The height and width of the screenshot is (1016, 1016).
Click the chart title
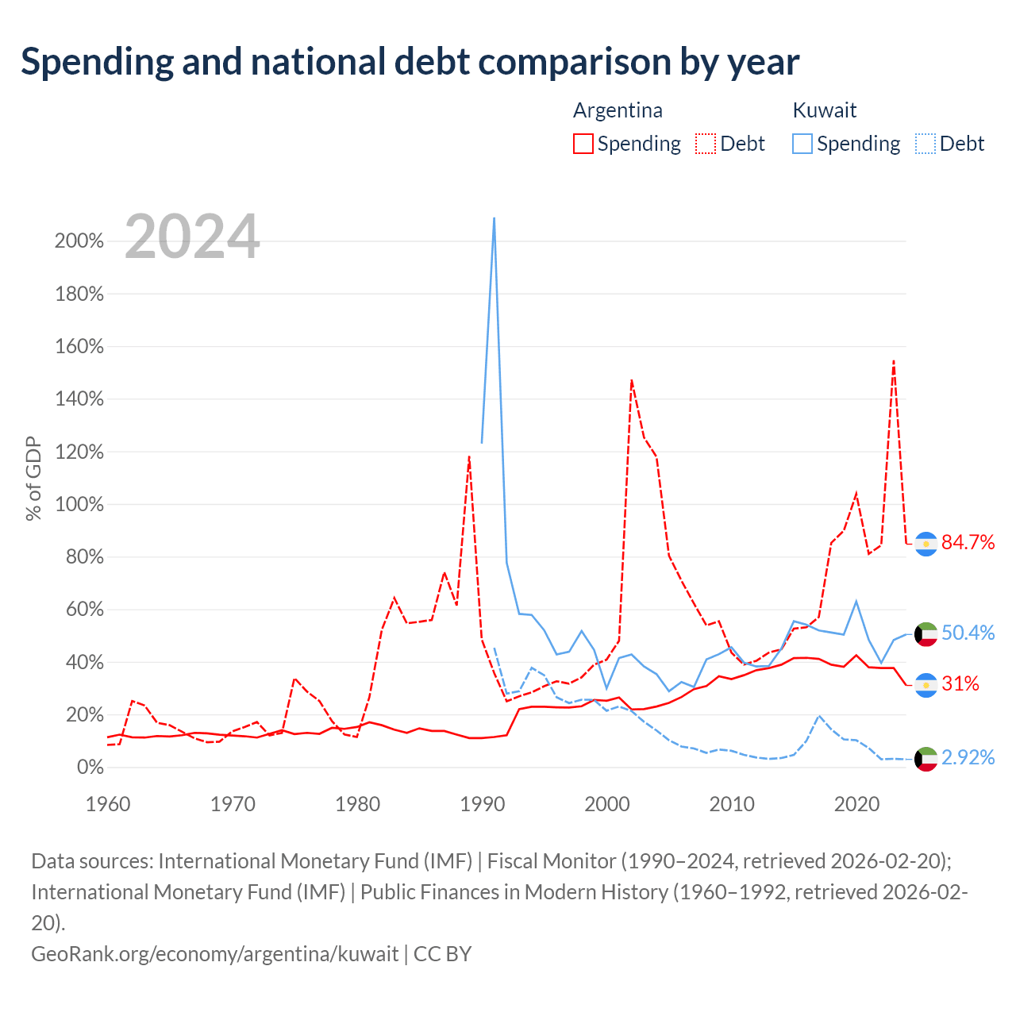[x=410, y=62]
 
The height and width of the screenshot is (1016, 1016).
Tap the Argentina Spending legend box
[x=583, y=144]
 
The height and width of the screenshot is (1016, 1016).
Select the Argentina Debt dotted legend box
[x=705, y=144]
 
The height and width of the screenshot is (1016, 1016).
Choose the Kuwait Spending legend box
[x=802, y=144]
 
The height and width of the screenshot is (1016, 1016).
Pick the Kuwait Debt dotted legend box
[x=924, y=144]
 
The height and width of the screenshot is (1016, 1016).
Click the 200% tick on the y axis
[x=79, y=241]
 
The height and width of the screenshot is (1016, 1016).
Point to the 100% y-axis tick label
[x=79, y=504]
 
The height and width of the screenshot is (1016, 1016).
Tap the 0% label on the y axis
[x=90, y=767]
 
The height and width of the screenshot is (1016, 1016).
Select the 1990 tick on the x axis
[x=482, y=805]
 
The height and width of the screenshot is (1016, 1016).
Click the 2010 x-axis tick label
[x=731, y=805]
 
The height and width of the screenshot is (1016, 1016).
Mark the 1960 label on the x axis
[x=108, y=805]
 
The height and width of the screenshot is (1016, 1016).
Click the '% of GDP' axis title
[x=33, y=478]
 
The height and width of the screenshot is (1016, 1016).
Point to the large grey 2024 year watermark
[x=192, y=237]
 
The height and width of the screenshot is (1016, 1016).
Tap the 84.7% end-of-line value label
[x=968, y=542]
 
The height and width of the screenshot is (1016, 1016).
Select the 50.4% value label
[x=968, y=633]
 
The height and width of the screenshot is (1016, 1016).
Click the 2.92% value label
[x=968, y=758]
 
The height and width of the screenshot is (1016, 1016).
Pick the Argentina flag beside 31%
[x=926, y=686]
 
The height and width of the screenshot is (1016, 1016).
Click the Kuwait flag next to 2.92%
[x=926, y=760]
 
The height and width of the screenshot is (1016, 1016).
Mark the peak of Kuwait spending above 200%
[x=494, y=217]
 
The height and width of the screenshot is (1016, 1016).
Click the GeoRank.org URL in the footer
[x=214, y=954]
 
